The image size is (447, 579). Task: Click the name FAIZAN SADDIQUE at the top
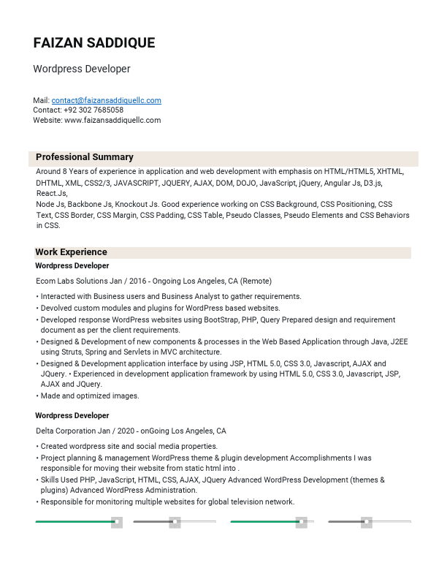click(x=94, y=43)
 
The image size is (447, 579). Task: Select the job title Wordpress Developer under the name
click(x=82, y=69)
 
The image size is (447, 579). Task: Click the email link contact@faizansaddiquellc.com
click(x=107, y=100)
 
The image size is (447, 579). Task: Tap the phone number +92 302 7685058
click(x=93, y=110)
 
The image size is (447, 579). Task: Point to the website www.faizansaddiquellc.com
click(x=112, y=120)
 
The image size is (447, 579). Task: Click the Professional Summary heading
click(x=85, y=157)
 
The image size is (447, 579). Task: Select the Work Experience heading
click(x=72, y=252)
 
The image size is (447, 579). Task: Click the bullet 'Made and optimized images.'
click(x=90, y=396)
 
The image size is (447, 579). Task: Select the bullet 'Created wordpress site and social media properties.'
click(x=129, y=446)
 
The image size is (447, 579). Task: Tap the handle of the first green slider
click(x=116, y=522)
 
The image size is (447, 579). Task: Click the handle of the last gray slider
click(x=367, y=522)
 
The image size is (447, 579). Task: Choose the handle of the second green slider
click(x=301, y=522)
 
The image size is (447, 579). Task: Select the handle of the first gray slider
click(x=175, y=522)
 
